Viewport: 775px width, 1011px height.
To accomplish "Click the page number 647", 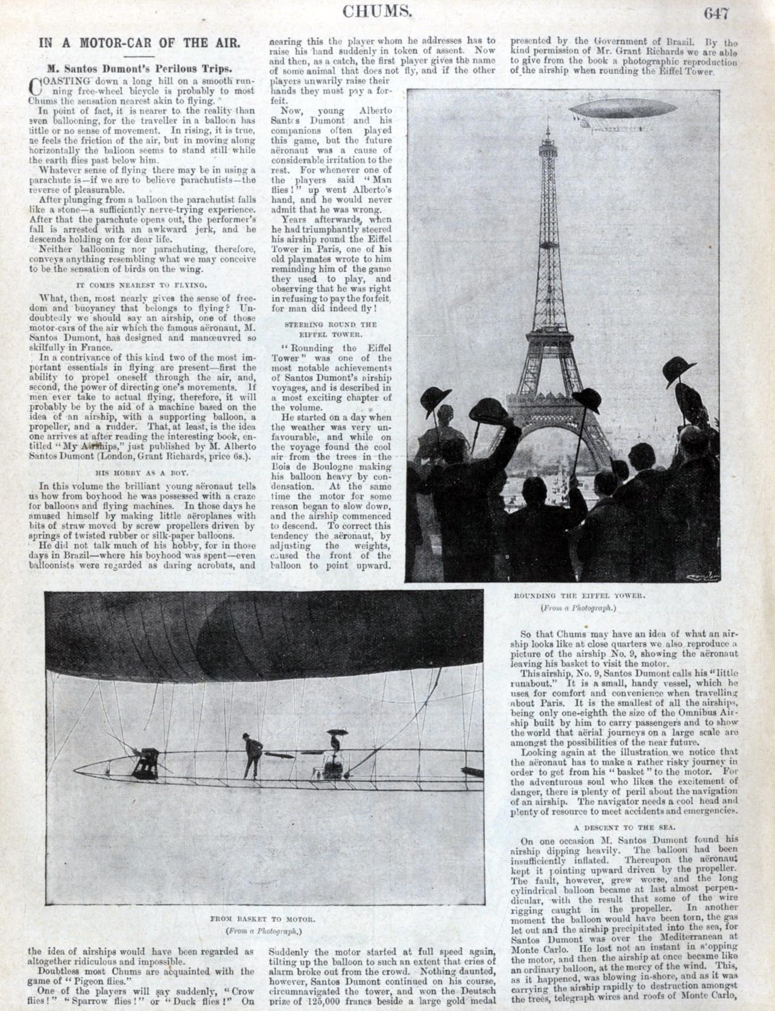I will (715, 13).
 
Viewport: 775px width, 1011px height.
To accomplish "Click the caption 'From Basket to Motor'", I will (264, 919).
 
